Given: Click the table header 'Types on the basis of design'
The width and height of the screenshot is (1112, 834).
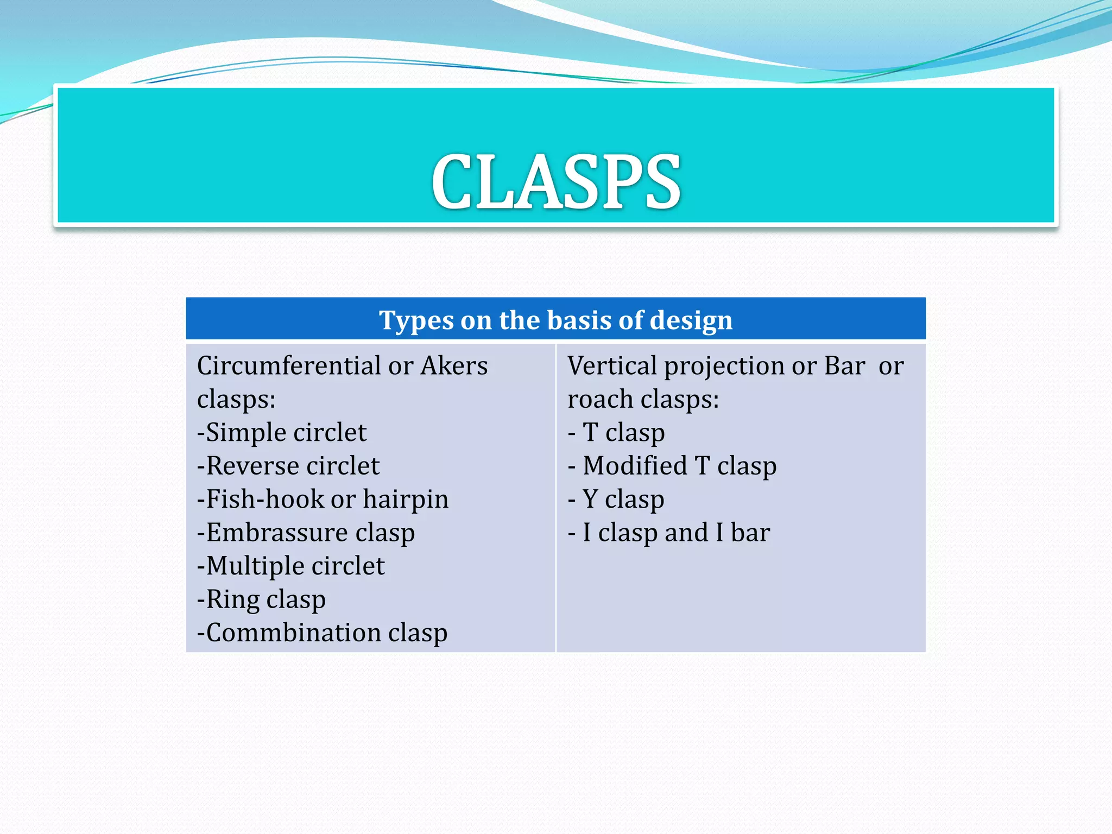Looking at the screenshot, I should click(555, 320).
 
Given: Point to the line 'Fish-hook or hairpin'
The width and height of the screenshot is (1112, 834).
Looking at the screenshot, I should click(323, 500).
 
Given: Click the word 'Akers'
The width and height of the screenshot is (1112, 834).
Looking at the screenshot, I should click(454, 365).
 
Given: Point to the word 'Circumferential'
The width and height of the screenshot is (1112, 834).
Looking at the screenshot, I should click(288, 365).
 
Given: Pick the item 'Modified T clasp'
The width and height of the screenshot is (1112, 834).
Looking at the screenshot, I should click(679, 466).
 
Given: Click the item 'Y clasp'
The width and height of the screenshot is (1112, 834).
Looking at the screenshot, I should click(623, 500).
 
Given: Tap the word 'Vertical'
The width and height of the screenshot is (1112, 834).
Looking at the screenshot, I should click(612, 365).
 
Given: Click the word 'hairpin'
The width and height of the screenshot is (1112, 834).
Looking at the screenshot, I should click(406, 500).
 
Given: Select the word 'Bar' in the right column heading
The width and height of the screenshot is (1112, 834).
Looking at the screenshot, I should click(844, 365).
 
